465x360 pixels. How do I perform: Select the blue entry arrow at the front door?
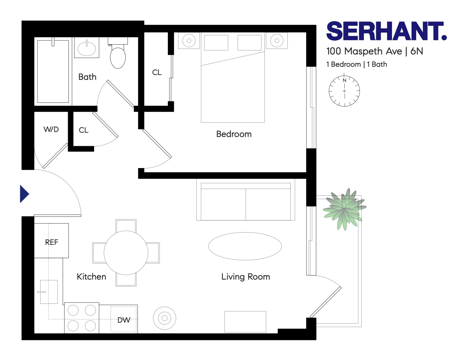[24, 194]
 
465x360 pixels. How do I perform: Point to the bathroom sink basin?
[87, 48]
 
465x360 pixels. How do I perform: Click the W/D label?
[51, 129]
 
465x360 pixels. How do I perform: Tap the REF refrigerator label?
[52, 242]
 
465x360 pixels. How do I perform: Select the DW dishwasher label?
[124, 320]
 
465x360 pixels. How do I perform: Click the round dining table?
[126, 252]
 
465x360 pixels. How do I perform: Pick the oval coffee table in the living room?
[245, 246]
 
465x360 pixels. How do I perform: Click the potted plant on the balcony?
[344, 209]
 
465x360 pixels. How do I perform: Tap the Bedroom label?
[234, 134]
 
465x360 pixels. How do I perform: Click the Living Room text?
[246, 276]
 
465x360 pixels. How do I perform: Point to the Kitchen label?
[91, 276]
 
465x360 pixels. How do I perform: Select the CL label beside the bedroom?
[157, 72]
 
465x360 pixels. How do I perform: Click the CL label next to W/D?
[84, 130]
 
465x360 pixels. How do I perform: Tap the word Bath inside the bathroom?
[87, 77]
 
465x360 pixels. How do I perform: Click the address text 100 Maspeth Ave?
[364, 51]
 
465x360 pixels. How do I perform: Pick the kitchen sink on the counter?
[49, 292]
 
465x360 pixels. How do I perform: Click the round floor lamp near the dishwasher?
[165, 318]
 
